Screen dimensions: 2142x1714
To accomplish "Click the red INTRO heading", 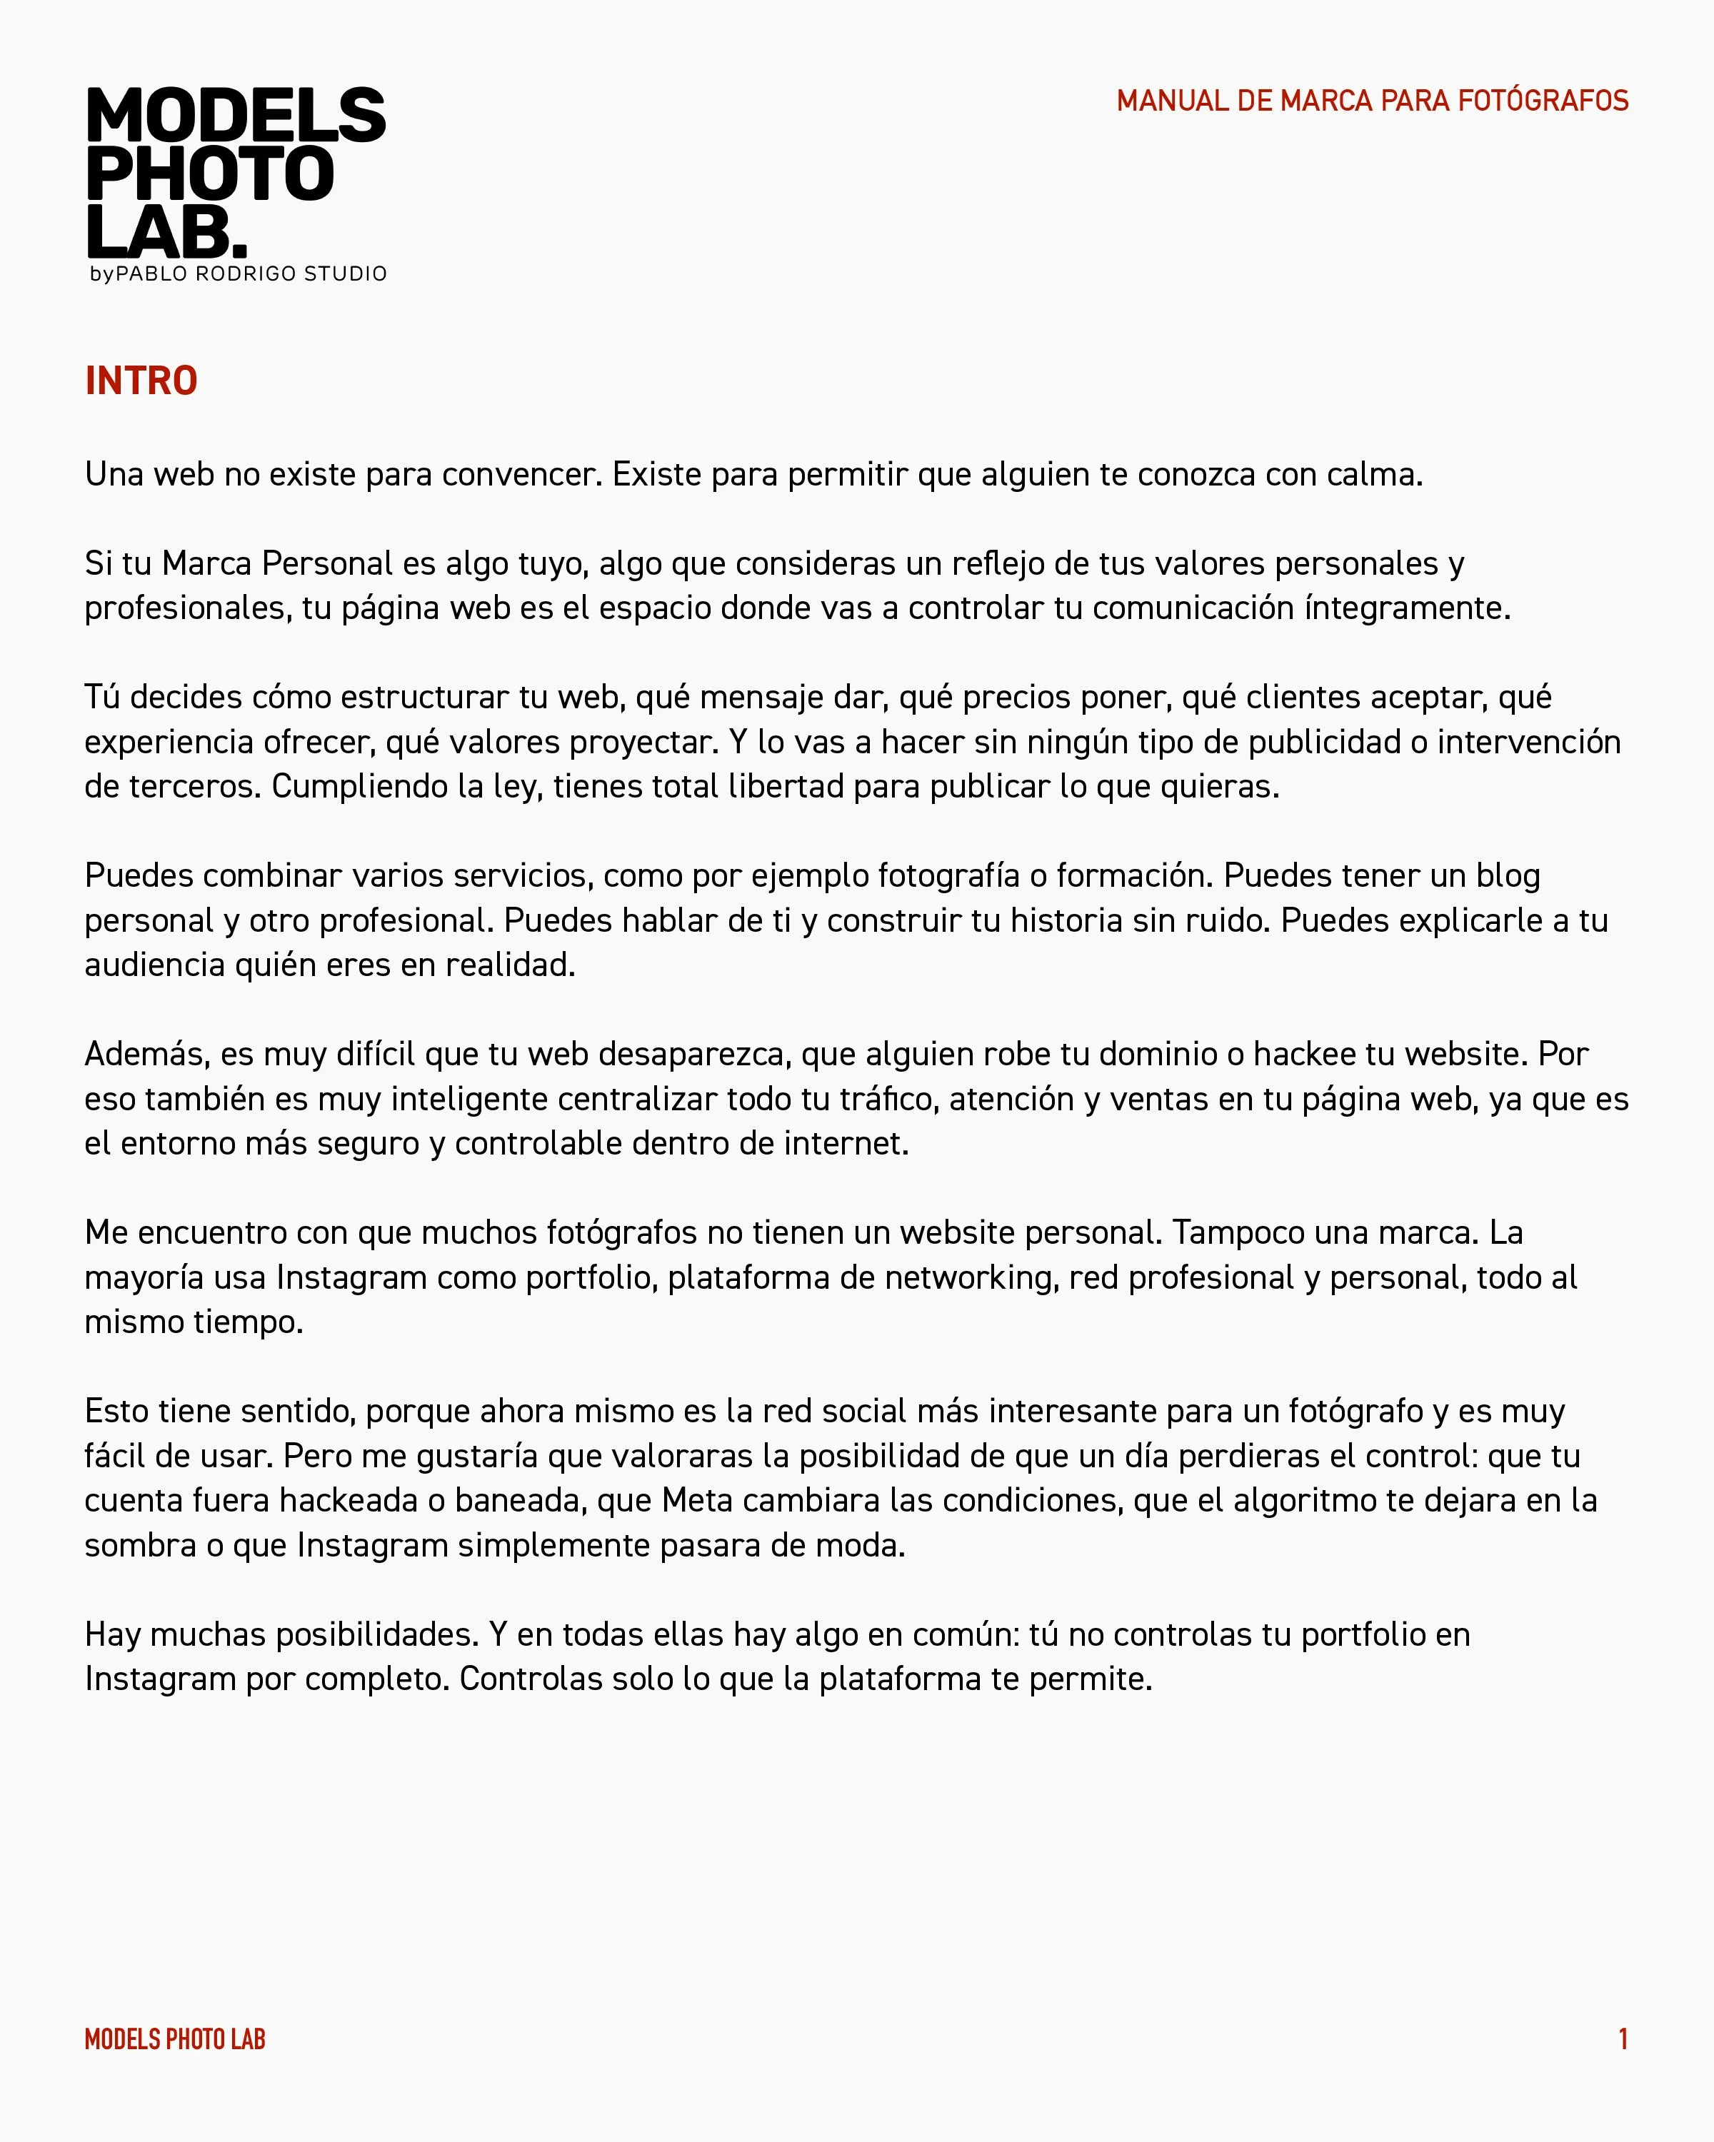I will point(141,381).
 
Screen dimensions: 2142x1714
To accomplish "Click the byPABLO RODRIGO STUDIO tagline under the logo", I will point(239,274).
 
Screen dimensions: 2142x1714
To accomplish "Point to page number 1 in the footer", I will point(1623,2040).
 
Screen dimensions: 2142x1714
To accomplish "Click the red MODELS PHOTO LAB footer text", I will point(175,2040).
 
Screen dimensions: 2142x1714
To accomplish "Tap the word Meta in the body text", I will point(698,1500).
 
